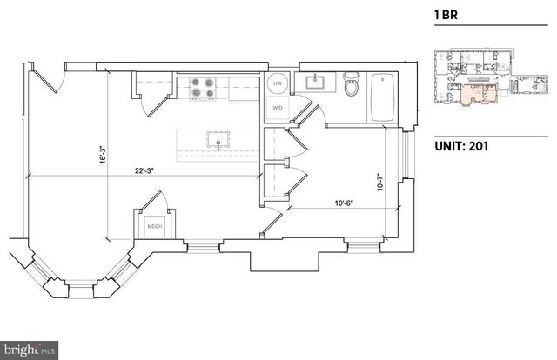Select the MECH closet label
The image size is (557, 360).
point(154,228)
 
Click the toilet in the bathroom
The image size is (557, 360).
point(352,87)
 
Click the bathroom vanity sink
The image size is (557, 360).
point(315,83)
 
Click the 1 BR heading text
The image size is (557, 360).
point(446,15)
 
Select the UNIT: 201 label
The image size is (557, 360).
point(460,146)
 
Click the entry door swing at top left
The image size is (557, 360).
point(50,80)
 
